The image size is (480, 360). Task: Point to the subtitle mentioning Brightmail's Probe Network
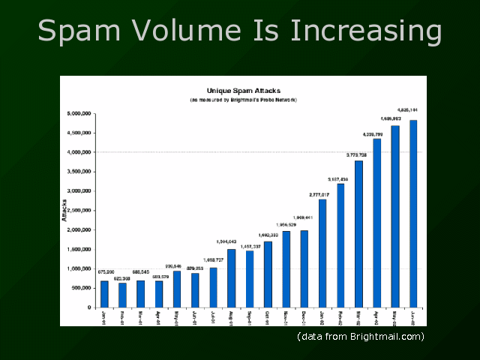tap(244, 99)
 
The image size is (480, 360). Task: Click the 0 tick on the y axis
tap(89, 307)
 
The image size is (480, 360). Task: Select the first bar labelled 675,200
tap(105, 294)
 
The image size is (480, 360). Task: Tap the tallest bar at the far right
tap(413, 214)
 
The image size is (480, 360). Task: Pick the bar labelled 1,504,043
tap(232, 278)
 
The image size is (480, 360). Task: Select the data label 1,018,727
tap(213, 259)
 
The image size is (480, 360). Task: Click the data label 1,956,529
tap(286, 224)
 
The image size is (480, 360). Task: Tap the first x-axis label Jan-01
tap(104, 318)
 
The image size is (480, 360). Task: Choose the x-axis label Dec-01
tap(304, 318)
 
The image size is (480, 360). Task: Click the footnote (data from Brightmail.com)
tap(361, 336)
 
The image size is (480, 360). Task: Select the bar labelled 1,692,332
tap(268, 274)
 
